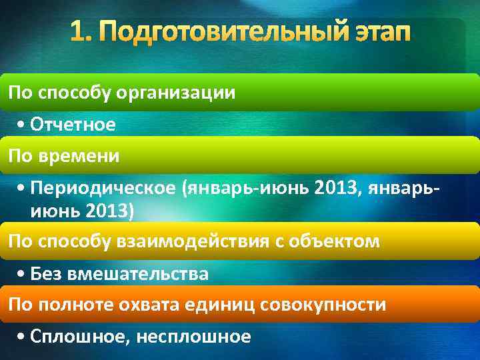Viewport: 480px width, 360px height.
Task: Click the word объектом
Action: click(x=336, y=241)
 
